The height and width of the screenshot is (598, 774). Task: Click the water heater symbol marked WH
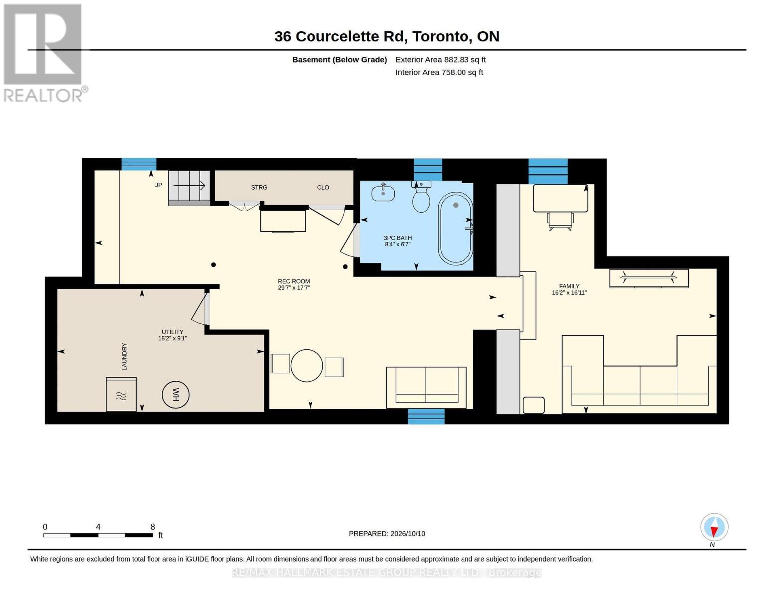pos(175,395)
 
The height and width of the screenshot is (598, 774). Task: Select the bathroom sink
pos(383,193)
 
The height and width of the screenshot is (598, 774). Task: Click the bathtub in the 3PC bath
pos(456,229)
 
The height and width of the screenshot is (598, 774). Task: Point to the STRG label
pos(259,188)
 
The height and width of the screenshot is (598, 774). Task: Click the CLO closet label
pos(323,188)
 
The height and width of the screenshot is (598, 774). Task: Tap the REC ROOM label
pos(294,281)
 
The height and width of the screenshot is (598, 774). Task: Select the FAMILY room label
pos(569,286)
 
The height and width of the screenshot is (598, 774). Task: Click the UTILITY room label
pos(173,332)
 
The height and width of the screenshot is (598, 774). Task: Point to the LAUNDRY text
pos(124,356)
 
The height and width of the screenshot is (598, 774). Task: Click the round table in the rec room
pos(307,366)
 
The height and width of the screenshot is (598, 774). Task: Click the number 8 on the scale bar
pos(152,527)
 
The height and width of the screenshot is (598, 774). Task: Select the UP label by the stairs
pos(158,185)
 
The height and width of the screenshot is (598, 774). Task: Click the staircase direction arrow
pos(189,185)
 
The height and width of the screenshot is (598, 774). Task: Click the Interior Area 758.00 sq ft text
pos(439,72)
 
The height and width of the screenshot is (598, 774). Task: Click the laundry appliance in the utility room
pos(121,394)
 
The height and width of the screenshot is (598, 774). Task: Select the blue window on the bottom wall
pos(426,416)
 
